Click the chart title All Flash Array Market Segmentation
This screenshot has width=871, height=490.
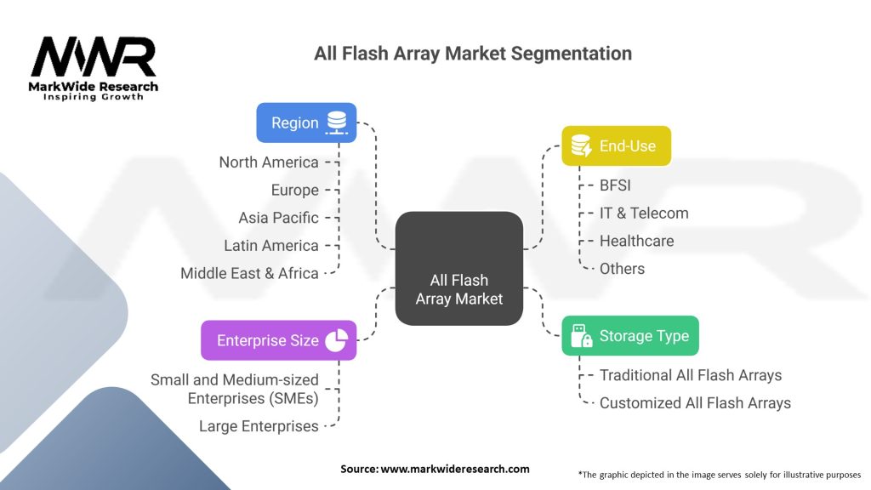point(473,54)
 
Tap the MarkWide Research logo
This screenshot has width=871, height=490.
point(94,68)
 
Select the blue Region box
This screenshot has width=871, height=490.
point(306,122)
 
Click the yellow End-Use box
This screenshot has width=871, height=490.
point(616,146)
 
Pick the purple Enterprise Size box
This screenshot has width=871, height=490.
point(278,340)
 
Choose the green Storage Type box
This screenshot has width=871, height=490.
point(630,335)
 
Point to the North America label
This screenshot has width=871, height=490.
point(269,162)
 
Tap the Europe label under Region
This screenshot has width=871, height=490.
point(295,190)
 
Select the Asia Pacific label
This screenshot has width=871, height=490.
point(278,218)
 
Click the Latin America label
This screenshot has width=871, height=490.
point(271,246)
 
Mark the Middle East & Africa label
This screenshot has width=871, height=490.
point(249,274)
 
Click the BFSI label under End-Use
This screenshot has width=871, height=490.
point(615,185)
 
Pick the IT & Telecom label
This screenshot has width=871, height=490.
point(644,213)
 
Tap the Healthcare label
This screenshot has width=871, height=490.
point(636,241)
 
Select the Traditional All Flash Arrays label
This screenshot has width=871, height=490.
point(691,375)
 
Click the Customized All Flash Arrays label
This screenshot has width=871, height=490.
point(695,403)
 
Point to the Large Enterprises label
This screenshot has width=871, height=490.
point(259,426)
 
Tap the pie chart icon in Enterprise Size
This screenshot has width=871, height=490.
point(336,340)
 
